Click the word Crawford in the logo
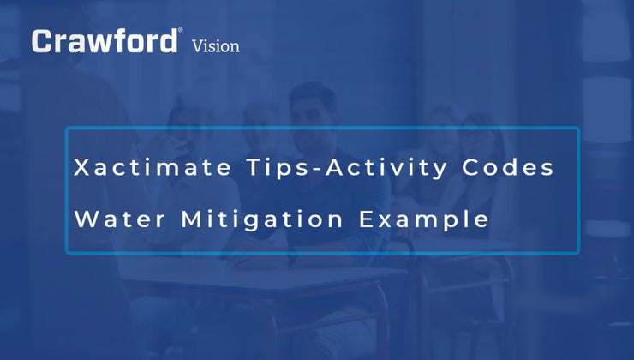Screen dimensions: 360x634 105,41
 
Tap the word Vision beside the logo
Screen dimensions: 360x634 216,45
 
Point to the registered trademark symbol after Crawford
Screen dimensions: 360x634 180,31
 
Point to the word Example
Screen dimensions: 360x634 425,220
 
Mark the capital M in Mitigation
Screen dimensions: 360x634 192,219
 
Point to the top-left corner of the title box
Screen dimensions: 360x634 67,129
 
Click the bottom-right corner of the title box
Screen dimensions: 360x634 579,254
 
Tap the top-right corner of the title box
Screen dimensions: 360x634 579,129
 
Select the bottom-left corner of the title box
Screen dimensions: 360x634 67,254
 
